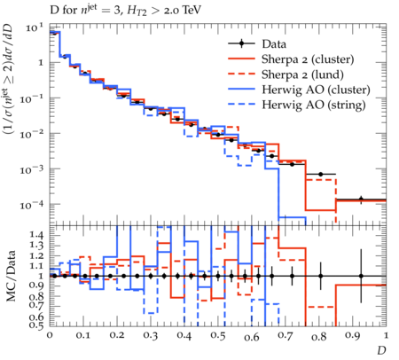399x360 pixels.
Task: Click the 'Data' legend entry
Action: tap(274, 44)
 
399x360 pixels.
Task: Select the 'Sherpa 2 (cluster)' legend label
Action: tap(308, 59)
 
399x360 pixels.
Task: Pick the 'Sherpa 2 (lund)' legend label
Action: tap(302, 74)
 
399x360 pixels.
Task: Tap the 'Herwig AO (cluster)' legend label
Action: tap(316, 90)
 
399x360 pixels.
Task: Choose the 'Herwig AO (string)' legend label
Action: tap(314, 105)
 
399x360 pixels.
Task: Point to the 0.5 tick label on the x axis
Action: tap(218, 336)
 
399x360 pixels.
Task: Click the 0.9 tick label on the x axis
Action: tap(353, 336)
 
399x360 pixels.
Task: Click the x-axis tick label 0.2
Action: tap(117, 336)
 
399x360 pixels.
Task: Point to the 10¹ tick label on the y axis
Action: tap(34, 27)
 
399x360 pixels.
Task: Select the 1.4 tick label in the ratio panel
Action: tap(36, 235)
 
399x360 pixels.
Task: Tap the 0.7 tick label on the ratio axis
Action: tap(36, 304)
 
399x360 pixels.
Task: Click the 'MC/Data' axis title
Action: tap(11, 276)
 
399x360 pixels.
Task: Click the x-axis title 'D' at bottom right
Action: tap(381, 350)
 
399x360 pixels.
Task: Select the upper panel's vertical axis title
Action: tap(8, 79)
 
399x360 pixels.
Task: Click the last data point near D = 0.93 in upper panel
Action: tap(361, 199)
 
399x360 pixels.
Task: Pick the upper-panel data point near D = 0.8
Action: tap(321, 175)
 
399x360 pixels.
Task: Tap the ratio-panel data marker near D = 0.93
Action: tap(361, 276)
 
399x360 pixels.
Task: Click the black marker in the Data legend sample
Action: tap(241, 43)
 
